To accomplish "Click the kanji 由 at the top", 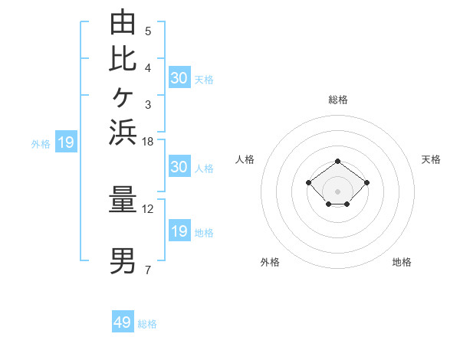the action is click(x=123, y=21).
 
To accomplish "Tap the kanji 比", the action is click(x=123, y=60).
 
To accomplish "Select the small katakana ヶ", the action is click(x=123, y=97).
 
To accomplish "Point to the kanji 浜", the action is click(x=123, y=133).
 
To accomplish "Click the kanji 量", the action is click(x=123, y=199).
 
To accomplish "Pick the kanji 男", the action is click(x=123, y=261).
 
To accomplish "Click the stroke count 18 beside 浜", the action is click(x=147, y=142).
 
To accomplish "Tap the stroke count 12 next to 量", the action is click(x=147, y=209).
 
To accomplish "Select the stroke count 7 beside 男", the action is click(x=148, y=270).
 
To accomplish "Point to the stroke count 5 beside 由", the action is click(x=148, y=31).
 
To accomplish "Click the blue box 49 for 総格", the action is click(x=123, y=321).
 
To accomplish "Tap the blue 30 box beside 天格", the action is click(x=180, y=77).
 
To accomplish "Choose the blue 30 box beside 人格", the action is click(x=180, y=166).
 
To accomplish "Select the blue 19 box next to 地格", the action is click(x=180, y=230).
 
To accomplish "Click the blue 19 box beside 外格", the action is click(x=66, y=141).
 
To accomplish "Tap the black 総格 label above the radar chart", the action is click(x=338, y=100).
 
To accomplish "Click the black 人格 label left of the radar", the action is click(x=245, y=159).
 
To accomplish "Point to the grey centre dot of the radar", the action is click(x=337, y=191).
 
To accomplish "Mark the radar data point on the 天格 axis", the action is click(x=366, y=182).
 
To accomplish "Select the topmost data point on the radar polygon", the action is click(x=337, y=162).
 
